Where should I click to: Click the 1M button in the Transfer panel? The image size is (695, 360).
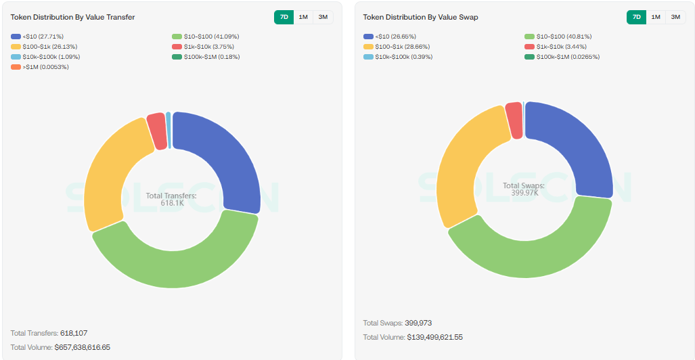tap(303, 17)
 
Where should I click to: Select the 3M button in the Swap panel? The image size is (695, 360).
tap(675, 17)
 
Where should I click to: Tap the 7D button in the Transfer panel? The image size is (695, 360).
tap(284, 17)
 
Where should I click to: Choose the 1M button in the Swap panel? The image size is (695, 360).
tap(656, 17)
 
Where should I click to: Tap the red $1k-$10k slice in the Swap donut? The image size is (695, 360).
tap(514, 120)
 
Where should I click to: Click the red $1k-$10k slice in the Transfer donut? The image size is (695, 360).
tap(157, 130)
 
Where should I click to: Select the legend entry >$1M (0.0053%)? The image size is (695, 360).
tap(41, 67)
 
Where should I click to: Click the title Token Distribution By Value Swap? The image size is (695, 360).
tap(420, 17)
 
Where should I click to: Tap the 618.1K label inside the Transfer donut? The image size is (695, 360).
tap(172, 203)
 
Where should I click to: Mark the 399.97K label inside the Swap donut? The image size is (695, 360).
tap(524, 193)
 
